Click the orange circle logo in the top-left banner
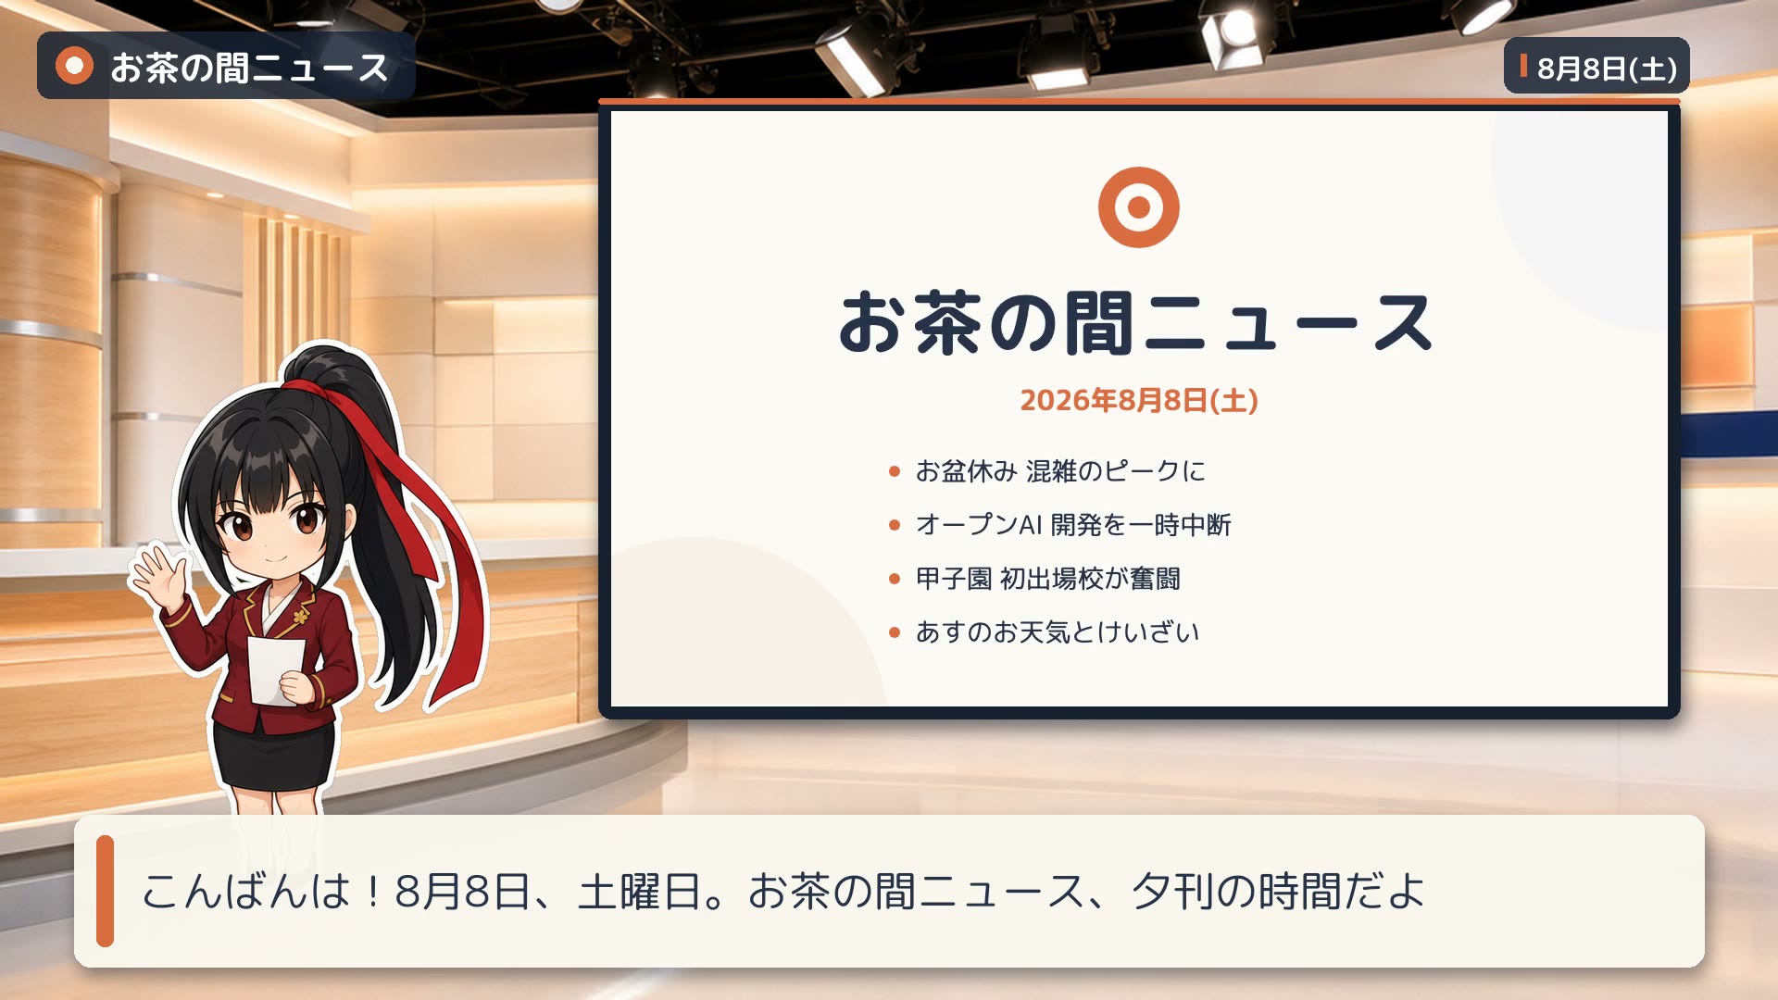click(x=74, y=66)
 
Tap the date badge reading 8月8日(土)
click(x=1596, y=66)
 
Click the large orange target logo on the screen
click(x=1138, y=206)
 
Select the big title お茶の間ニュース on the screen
click(x=1135, y=322)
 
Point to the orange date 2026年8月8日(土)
click(x=1138, y=400)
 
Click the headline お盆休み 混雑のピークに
click(x=1060, y=471)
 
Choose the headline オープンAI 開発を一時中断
click(x=1073, y=525)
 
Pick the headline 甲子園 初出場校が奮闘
click(x=1047, y=579)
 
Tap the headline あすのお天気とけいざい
click(x=1058, y=632)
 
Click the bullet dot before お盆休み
click(x=894, y=471)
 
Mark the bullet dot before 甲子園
click(x=894, y=579)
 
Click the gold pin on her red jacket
click(x=301, y=616)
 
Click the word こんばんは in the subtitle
click(x=246, y=892)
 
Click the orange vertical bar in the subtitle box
click(x=105, y=891)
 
